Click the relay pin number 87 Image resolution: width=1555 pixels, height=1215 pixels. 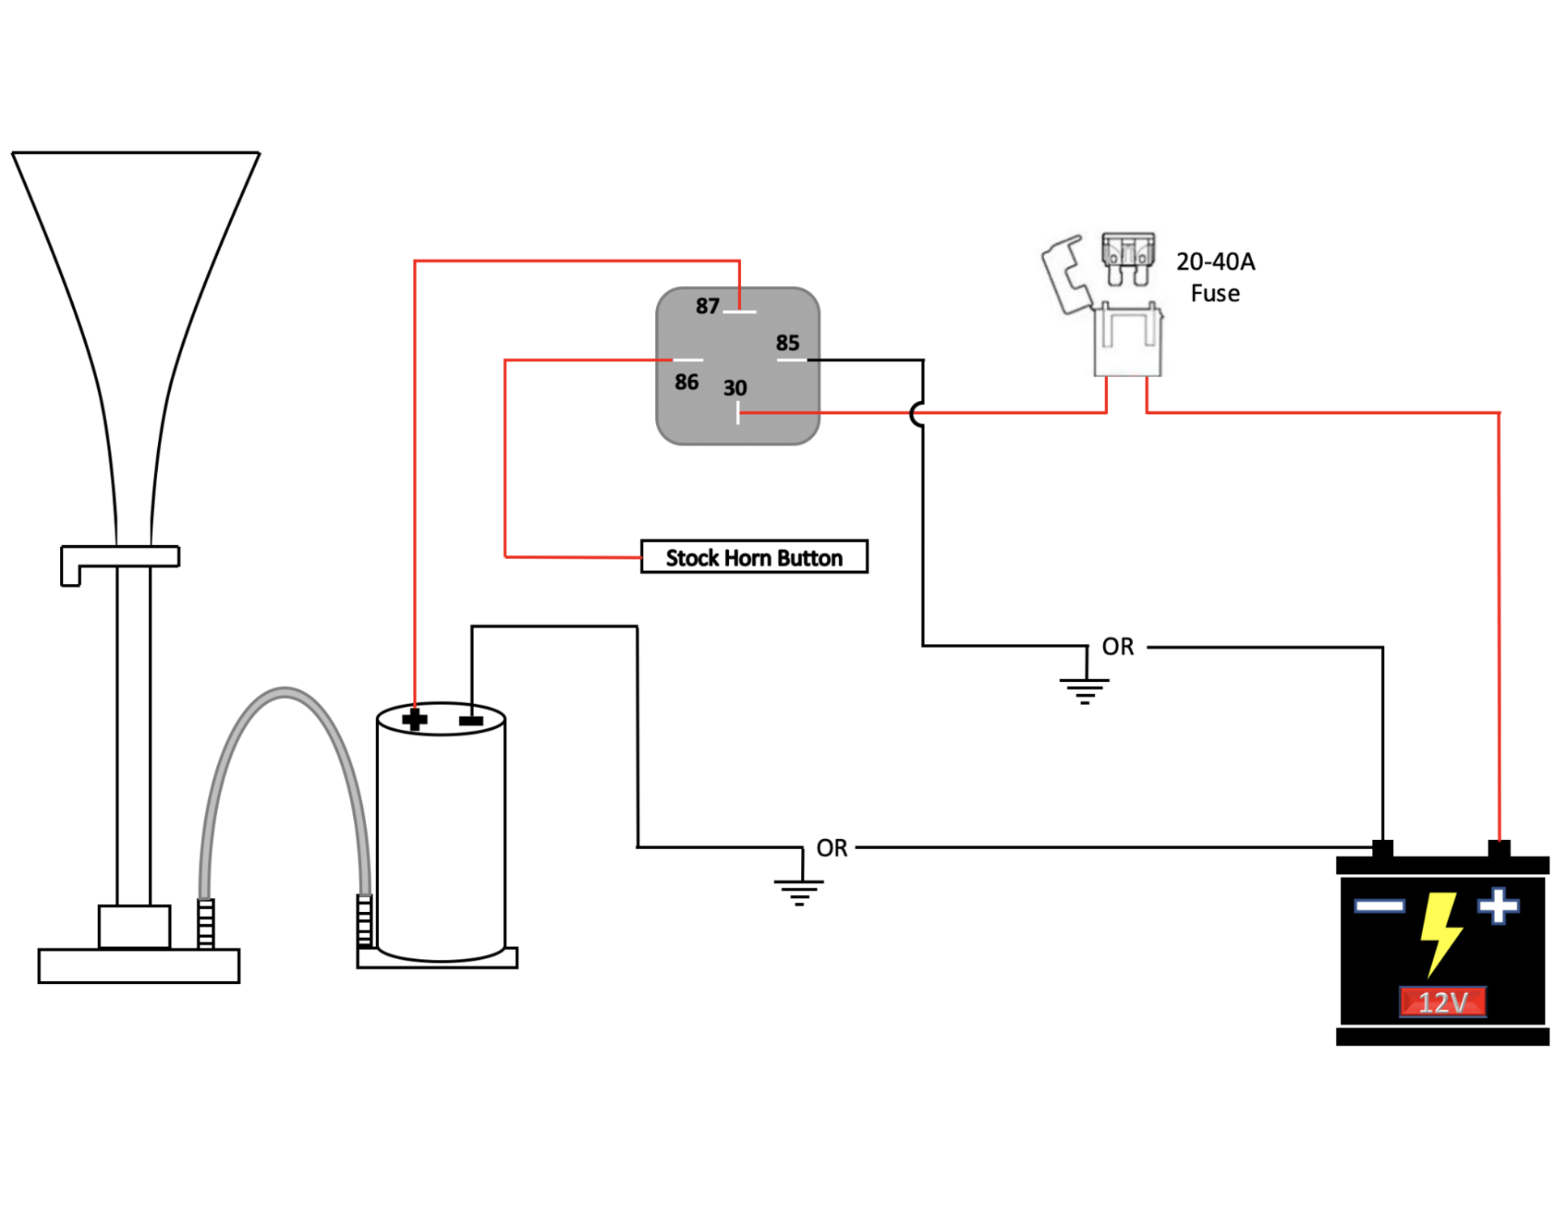(x=707, y=306)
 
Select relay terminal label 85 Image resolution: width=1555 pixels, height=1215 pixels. (x=787, y=343)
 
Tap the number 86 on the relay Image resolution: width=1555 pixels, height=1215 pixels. (x=686, y=382)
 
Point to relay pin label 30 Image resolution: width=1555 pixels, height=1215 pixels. (x=735, y=388)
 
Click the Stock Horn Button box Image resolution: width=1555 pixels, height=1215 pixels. (x=753, y=557)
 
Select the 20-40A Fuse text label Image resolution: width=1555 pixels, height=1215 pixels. (x=1215, y=277)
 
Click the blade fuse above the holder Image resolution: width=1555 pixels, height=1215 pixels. (x=1127, y=257)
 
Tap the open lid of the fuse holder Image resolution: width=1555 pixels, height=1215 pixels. (x=1065, y=274)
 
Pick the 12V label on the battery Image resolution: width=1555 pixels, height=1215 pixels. (x=1442, y=1002)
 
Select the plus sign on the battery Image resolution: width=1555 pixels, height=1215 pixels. (x=1497, y=906)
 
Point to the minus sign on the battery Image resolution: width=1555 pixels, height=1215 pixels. (x=1379, y=906)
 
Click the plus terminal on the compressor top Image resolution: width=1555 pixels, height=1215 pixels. (x=415, y=719)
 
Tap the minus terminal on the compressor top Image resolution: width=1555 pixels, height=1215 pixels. (x=471, y=720)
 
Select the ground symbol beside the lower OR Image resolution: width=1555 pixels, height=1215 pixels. (x=799, y=890)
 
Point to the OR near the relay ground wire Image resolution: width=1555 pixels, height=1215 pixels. (x=1118, y=646)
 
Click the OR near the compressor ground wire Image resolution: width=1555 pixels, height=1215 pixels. (x=832, y=848)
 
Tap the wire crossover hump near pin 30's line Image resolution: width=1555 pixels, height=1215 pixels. (x=917, y=414)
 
